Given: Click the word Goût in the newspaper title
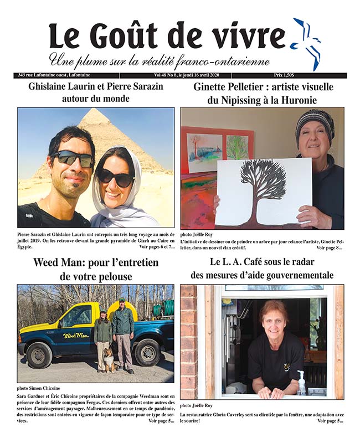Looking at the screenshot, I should (x=129, y=37).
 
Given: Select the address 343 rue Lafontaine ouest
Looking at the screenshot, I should (x=52, y=75).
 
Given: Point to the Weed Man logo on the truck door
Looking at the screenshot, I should (x=76, y=336).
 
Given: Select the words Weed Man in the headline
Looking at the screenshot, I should (x=60, y=262).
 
